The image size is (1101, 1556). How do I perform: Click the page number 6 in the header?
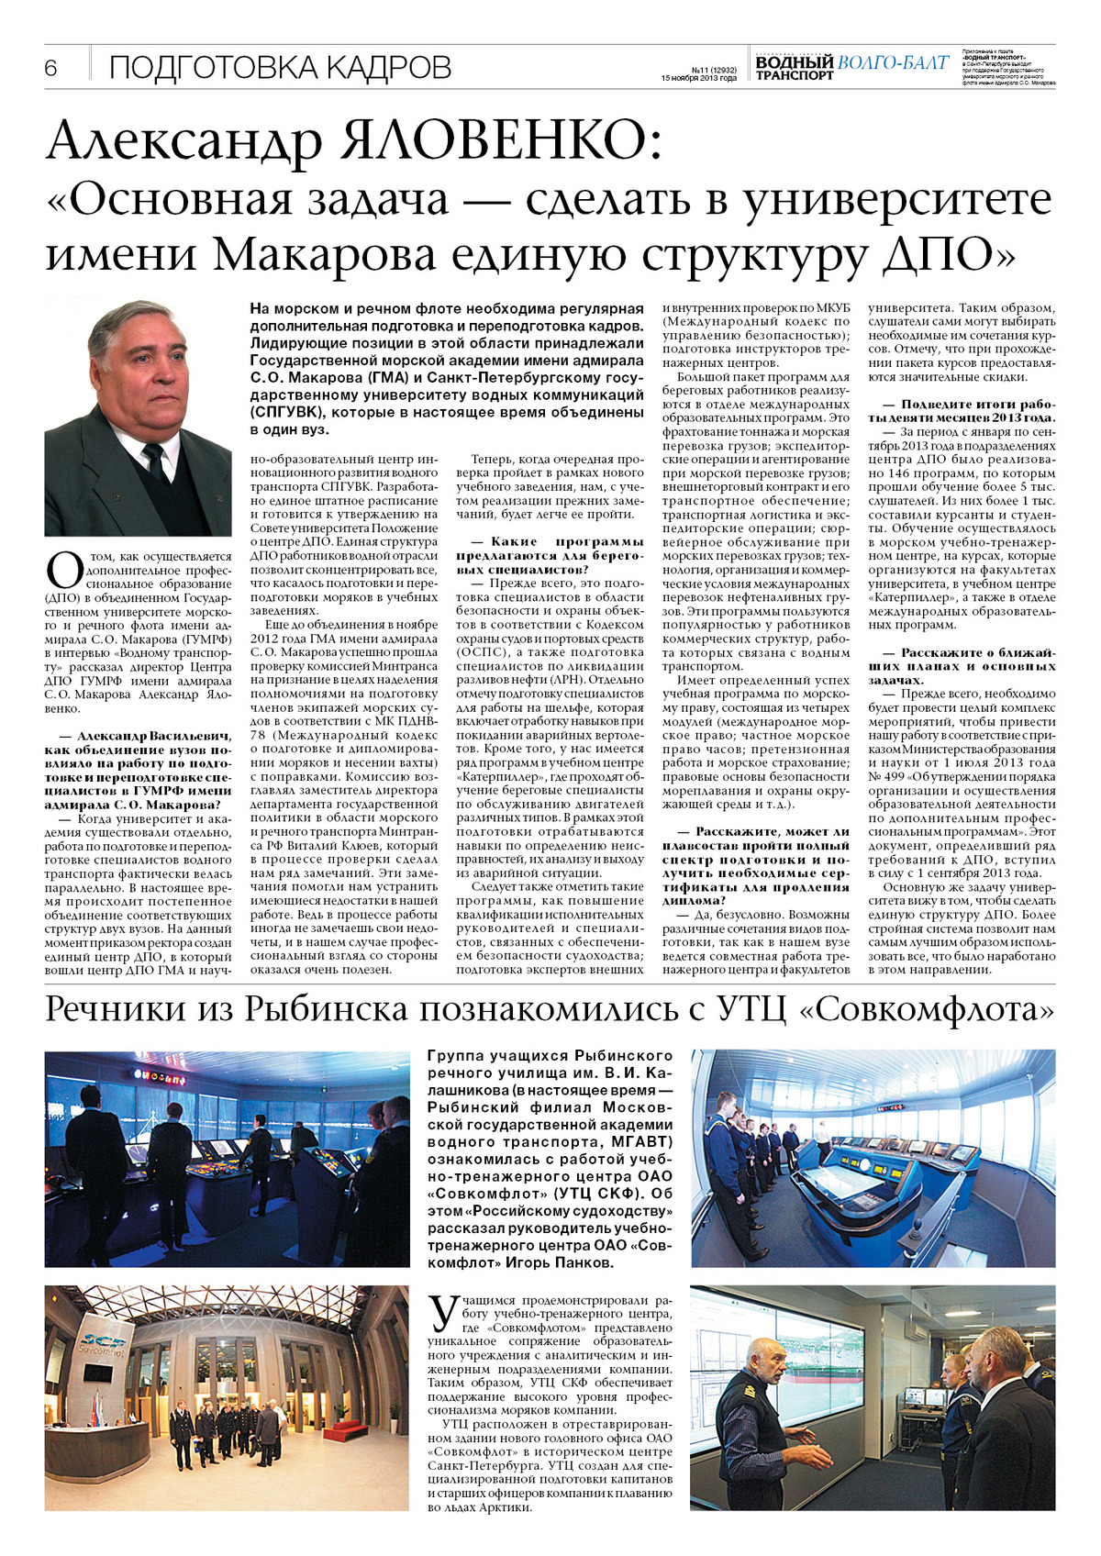coord(51,68)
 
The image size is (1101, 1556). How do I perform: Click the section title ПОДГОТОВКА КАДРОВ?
coord(280,68)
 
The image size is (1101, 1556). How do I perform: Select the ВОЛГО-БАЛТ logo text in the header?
coord(892,62)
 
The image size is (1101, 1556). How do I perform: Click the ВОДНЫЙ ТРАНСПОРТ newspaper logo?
coord(795,68)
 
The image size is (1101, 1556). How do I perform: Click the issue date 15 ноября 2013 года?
coord(698,78)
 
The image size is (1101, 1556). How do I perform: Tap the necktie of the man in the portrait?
coord(155,463)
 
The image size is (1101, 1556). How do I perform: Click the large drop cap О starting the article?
coord(64,570)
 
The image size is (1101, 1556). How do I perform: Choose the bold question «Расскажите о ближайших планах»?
coord(962,666)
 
